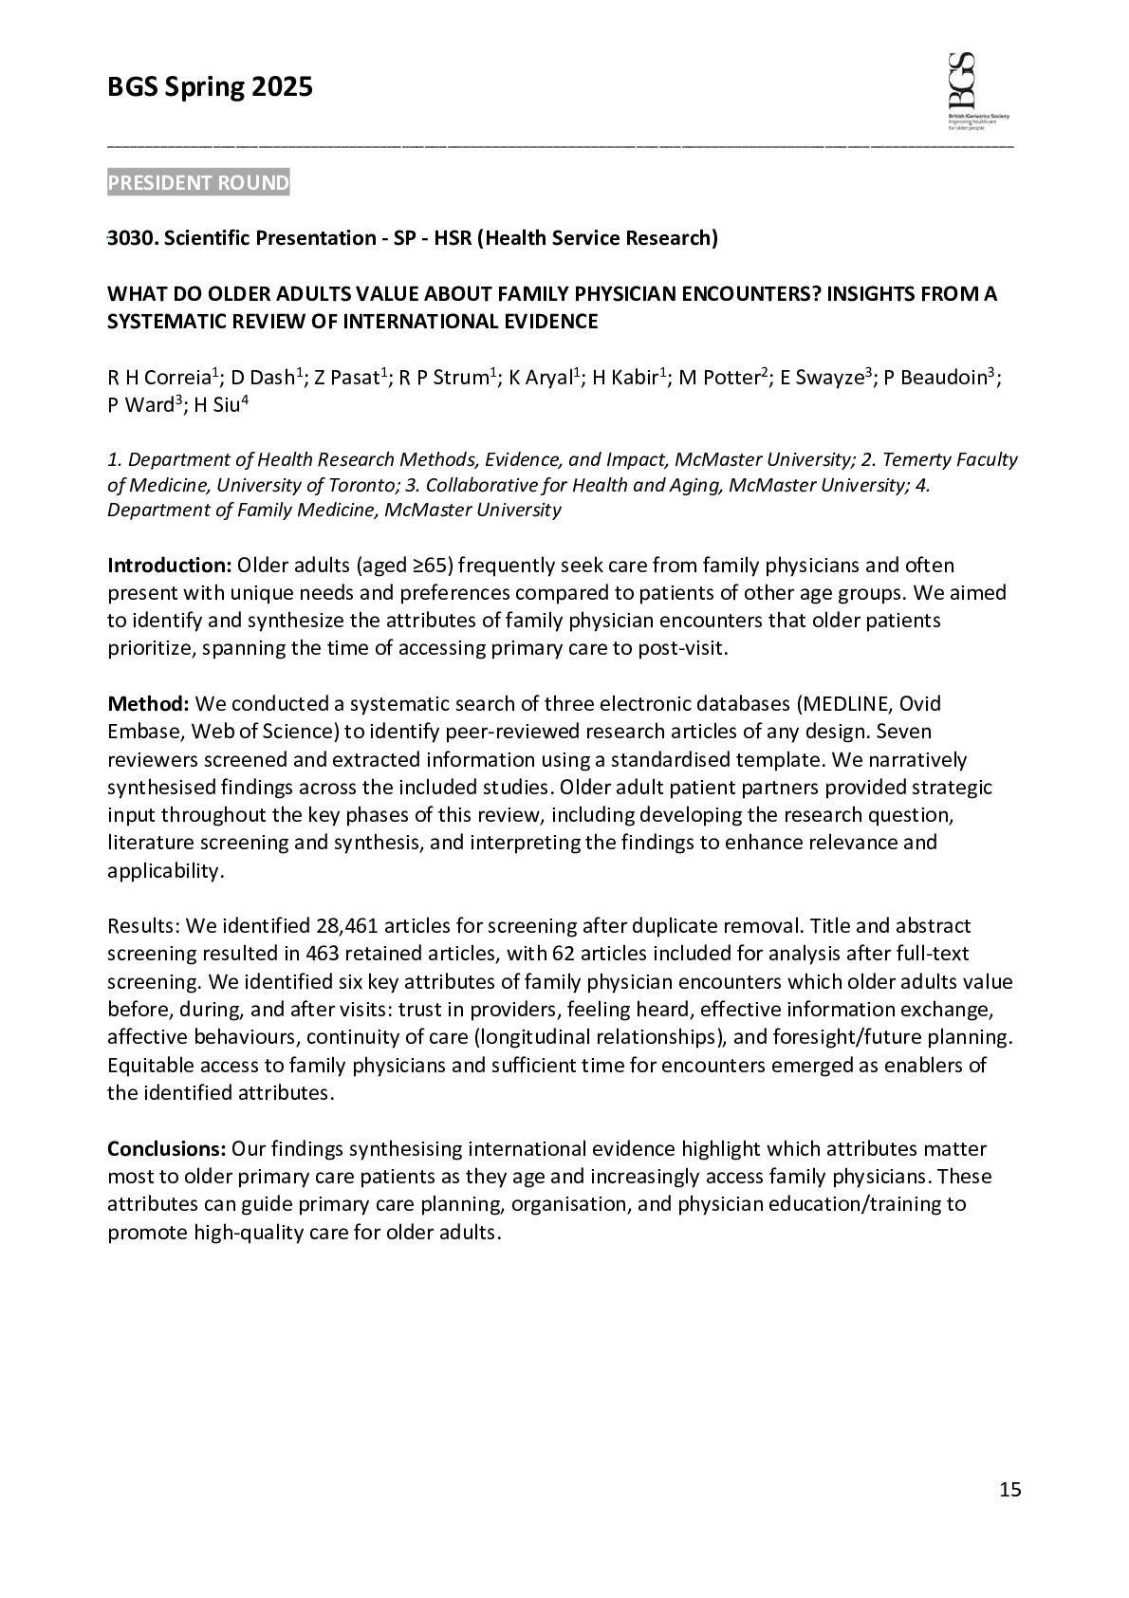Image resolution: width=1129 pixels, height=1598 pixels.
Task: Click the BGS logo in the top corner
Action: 977,89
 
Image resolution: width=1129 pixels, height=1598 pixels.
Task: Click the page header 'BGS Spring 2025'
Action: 210,87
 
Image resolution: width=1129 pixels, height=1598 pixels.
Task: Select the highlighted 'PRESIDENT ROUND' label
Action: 198,183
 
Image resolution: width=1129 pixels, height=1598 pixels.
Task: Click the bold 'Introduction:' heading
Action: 169,566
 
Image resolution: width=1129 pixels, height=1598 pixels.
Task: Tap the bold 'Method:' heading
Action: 149,704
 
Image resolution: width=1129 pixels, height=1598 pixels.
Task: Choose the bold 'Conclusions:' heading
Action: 166,1149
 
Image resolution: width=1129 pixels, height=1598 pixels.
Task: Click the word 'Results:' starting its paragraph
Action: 143,926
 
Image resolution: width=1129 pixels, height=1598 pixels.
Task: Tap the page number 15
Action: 1010,1490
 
